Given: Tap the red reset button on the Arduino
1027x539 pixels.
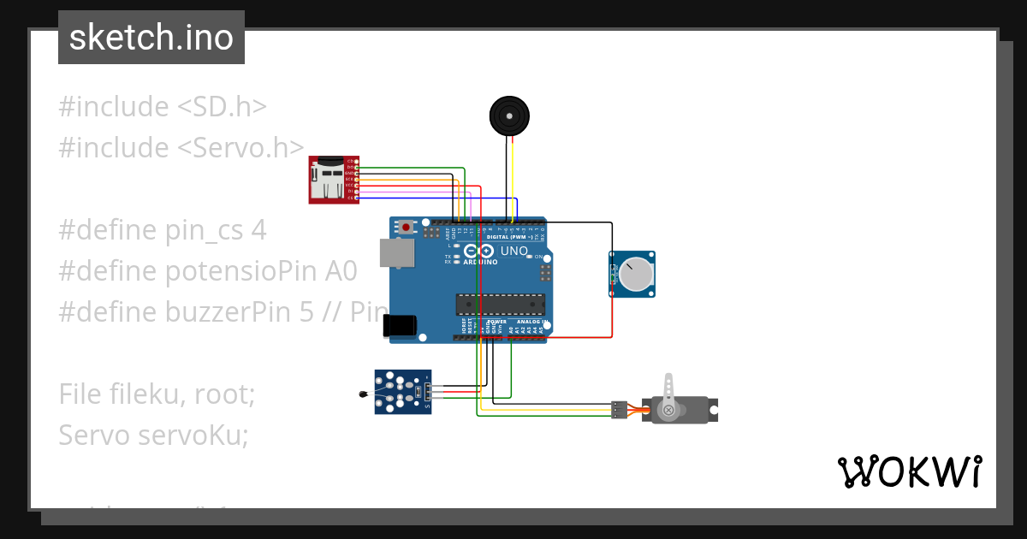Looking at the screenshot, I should [406, 228].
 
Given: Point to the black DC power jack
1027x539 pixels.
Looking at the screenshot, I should [401, 325].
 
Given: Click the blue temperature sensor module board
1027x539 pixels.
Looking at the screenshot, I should [403, 392].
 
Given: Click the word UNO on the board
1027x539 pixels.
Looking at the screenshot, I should [513, 251].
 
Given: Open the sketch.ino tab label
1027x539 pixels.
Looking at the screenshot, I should [151, 38].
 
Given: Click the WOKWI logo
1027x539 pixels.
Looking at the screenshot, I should [909, 471].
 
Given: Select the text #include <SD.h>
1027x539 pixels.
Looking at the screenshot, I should [163, 107].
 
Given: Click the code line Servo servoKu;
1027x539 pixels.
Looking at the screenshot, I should [153, 435].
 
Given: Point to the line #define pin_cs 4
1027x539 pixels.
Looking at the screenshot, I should [162, 230].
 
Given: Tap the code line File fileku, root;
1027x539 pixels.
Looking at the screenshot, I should [157, 394].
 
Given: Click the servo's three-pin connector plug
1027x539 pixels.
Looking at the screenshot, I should [619, 410].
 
